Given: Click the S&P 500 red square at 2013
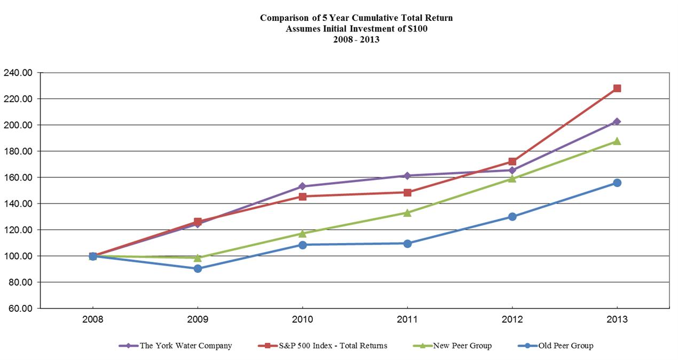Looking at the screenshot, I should pyautogui.click(x=617, y=88).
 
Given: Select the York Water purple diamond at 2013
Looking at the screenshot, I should pyautogui.click(x=617, y=122).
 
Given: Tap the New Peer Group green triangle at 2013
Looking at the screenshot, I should pyautogui.click(x=617, y=141).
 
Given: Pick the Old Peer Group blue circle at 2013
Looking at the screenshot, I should pyautogui.click(x=617, y=183).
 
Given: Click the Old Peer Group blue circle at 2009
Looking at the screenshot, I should pyautogui.click(x=198, y=269).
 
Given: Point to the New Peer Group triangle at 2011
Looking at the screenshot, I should pyautogui.click(x=407, y=213).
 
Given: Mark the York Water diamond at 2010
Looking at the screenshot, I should pyautogui.click(x=302, y=186).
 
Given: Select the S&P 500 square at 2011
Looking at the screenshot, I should pyautogui.click(x=407, y=192).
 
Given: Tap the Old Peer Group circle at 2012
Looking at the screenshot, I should pyautogui.click(x=512, y=217).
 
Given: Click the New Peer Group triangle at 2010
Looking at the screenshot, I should pyautogui.click(x=302, y=233).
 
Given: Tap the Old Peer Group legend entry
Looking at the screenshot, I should pyautogui.click(x=564, y=346).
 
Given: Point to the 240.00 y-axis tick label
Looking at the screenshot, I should pyautogui.click(x=17, y=73).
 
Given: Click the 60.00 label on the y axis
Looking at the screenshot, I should pyautogui.click(x=19, y=309).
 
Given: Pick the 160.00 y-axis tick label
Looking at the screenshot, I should pyautogui.click(x=17, y=177).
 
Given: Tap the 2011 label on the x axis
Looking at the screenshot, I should pyautogui.click(x=407, y=320).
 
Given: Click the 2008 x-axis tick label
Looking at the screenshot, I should pyautogui.click(x=93, y=320).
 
